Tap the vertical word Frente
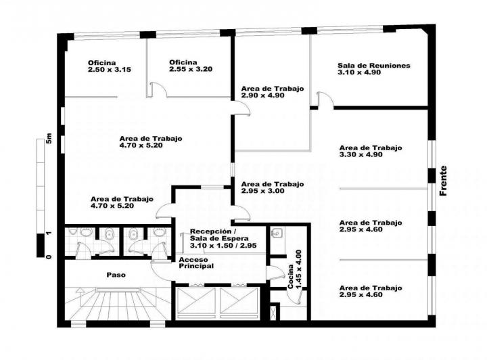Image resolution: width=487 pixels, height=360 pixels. [x=443, y=181]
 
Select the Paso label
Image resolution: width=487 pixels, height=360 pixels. [x=116, y=275]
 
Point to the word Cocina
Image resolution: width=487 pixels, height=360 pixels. [x=291, y=277]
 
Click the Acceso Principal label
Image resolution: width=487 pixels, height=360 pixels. [x=196, y=263]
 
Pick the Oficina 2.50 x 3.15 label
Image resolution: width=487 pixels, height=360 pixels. [x=110, y=66]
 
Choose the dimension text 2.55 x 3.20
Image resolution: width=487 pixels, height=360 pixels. [x=191, y=69]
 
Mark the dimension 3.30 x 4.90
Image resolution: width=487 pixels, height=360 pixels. [x=361, y=155]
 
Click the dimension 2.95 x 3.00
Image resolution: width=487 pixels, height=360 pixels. [x=262, y=191]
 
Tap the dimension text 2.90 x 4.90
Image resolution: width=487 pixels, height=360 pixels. [x=262, y=95]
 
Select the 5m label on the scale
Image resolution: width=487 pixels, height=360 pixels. [x=49, y=138]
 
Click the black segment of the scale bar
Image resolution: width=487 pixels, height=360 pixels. [x=41, y=246]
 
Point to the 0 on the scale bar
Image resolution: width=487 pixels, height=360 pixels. [x=49, y=257]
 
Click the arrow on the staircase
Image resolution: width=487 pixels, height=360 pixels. [x=80, y=297]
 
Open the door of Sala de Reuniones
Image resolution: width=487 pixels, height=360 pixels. [x=325, y=99]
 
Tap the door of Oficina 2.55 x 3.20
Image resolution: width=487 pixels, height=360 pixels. [x=158, y=89]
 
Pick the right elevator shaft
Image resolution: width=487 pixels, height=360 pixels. [x=239, y=300]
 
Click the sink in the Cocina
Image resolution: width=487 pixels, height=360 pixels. [x=276, y=232]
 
